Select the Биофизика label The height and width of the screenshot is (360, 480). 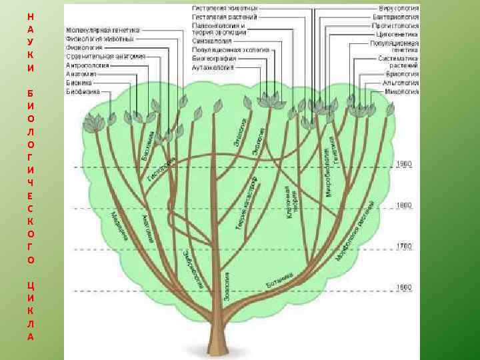tap(82, 91)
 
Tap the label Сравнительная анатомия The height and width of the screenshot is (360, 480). tap(105, 57)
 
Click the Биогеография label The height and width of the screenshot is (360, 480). tap(214, 58)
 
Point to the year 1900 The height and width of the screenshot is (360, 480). tap(405, 164)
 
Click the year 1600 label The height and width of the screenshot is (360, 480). tap(405, 287)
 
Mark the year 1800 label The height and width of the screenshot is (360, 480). tap(405, 206)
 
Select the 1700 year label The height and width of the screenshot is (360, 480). tap(405, 247)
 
